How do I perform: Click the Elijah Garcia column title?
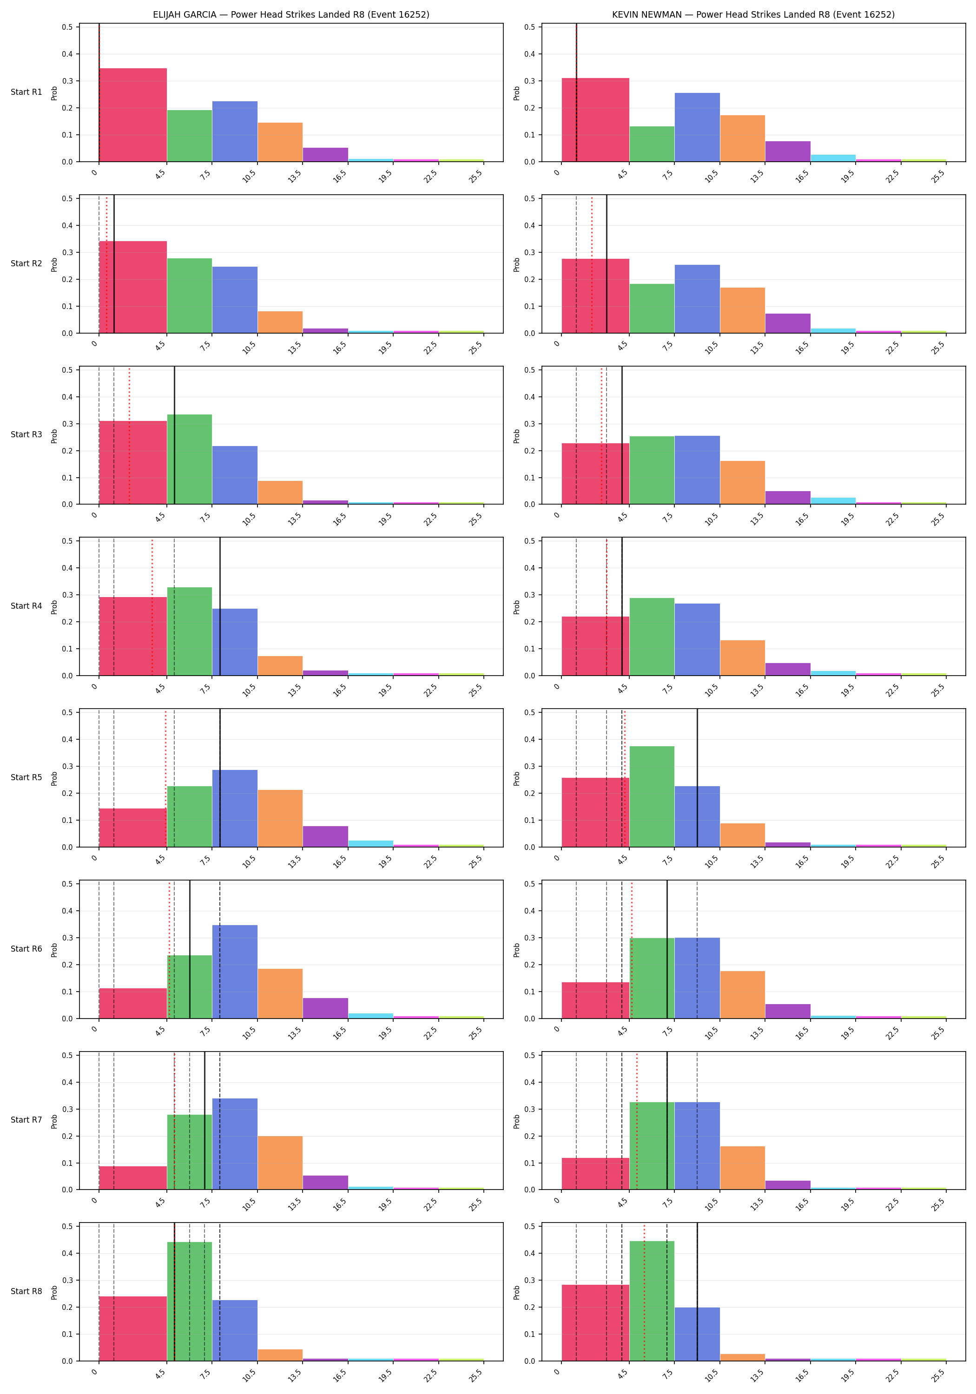tap(291, 14)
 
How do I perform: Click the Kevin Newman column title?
tap(753, 14)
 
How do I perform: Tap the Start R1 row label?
tap(26, 92)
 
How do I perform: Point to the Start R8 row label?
tap(26, 1291)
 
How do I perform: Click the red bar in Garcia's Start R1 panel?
tap(133, 115)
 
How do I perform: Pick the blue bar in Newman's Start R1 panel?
tap(697, 127)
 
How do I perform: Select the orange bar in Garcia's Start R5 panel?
tap(280, 818)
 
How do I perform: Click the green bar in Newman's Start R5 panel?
tap(652, 796)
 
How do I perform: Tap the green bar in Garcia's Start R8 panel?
tap(190, 1301)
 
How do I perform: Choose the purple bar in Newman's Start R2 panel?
tap(788, 323)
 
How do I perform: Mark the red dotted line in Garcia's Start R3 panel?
tap(129, 435)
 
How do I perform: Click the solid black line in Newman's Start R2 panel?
tap(607, 264)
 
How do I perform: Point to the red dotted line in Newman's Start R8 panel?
tap(644, 1291)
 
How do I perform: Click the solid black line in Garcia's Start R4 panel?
tap(220, 606)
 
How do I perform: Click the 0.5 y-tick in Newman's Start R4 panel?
tap(530, 541)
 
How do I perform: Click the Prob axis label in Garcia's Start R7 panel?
tap(54, 1121)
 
